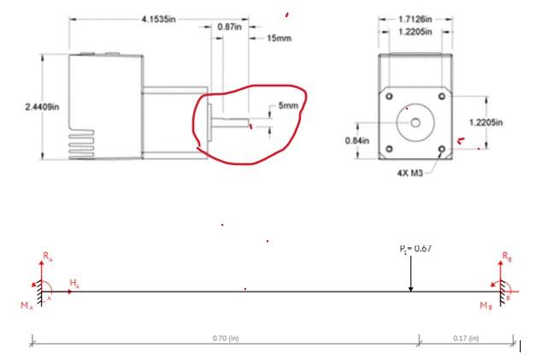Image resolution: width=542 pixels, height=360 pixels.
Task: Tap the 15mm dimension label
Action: point(280,38)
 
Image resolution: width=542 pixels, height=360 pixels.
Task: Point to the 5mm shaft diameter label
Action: point(288,105)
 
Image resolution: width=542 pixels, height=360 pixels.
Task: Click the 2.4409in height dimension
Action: point(38,106)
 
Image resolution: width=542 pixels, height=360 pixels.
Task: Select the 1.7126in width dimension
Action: point(415,18)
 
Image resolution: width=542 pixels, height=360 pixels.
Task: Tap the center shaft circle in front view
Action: point(415,122)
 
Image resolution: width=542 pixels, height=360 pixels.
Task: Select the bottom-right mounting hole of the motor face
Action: point(441,149)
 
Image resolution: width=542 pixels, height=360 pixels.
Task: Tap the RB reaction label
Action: point(508,255)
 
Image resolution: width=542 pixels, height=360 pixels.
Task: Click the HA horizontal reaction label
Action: point(74,282)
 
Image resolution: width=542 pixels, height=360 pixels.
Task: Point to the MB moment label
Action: point(485,304)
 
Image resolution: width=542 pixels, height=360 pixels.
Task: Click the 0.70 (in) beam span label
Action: point(226,339)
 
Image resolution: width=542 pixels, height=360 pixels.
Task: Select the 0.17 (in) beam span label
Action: point(466,339)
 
